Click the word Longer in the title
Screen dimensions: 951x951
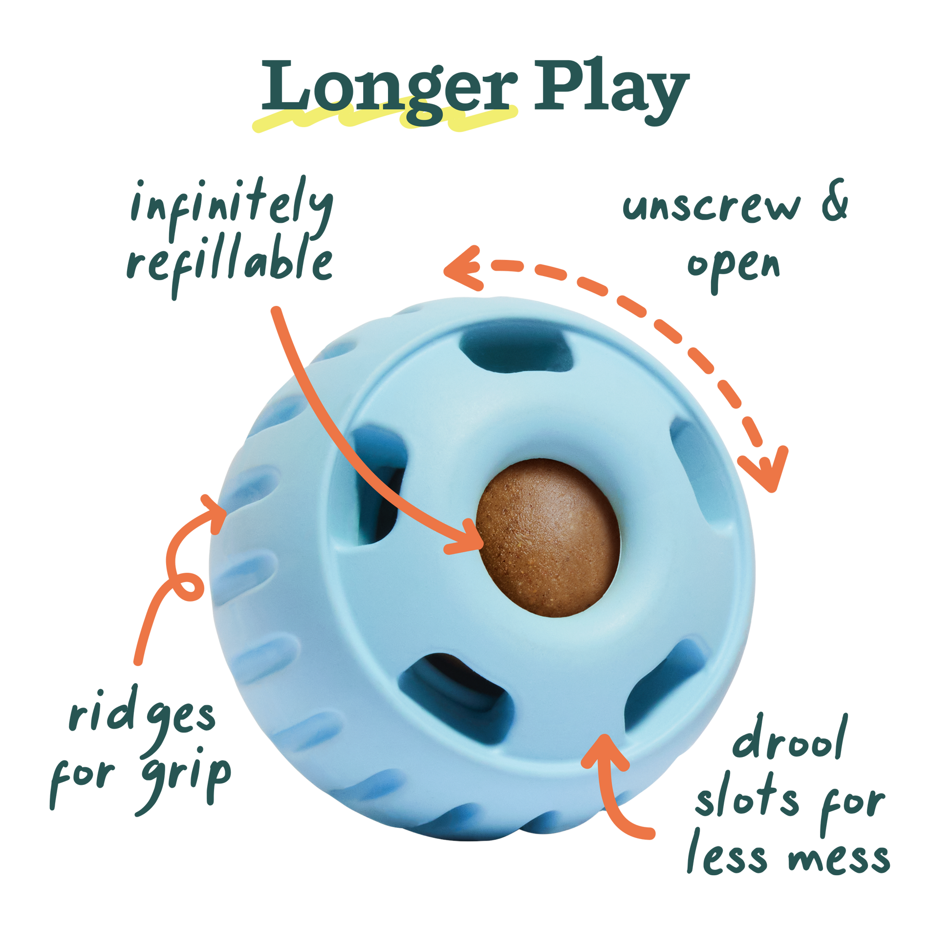[x=389, y=87]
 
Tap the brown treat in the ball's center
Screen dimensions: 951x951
[x=548, y=537]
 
